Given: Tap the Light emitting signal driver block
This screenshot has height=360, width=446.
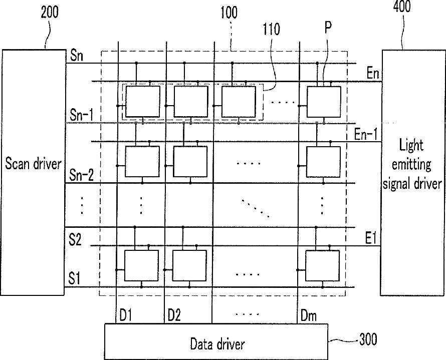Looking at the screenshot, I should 412,163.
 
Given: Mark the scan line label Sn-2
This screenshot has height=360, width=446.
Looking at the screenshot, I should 81,175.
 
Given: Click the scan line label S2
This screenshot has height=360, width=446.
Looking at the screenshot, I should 75,239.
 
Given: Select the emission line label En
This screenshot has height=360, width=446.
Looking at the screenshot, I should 373,75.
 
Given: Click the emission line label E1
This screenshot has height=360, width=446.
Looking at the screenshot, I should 371,239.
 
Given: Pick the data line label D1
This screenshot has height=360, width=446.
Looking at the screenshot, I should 125,316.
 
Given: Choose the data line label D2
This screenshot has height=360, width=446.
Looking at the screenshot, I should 174,316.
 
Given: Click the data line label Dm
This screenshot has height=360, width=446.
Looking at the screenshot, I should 308,316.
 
